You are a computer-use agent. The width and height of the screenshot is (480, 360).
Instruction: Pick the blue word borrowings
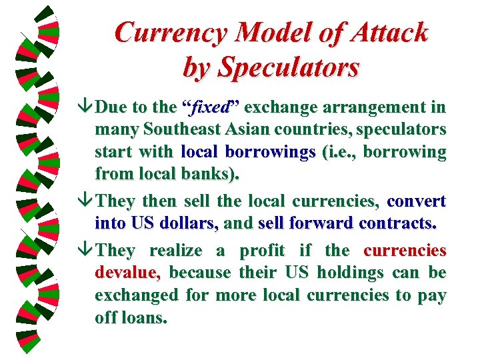click(x=269, y=152)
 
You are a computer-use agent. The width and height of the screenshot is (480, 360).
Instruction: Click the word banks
click(x=215, y=174)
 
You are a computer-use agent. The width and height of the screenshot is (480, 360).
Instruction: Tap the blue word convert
click(x=416, y=201)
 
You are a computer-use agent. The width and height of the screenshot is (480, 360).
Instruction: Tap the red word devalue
click(x=127, y=273)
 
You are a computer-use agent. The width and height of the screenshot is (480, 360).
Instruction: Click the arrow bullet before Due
click(x=86, y=107)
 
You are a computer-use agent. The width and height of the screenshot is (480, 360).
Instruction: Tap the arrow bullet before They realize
click(x=86, y=251)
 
